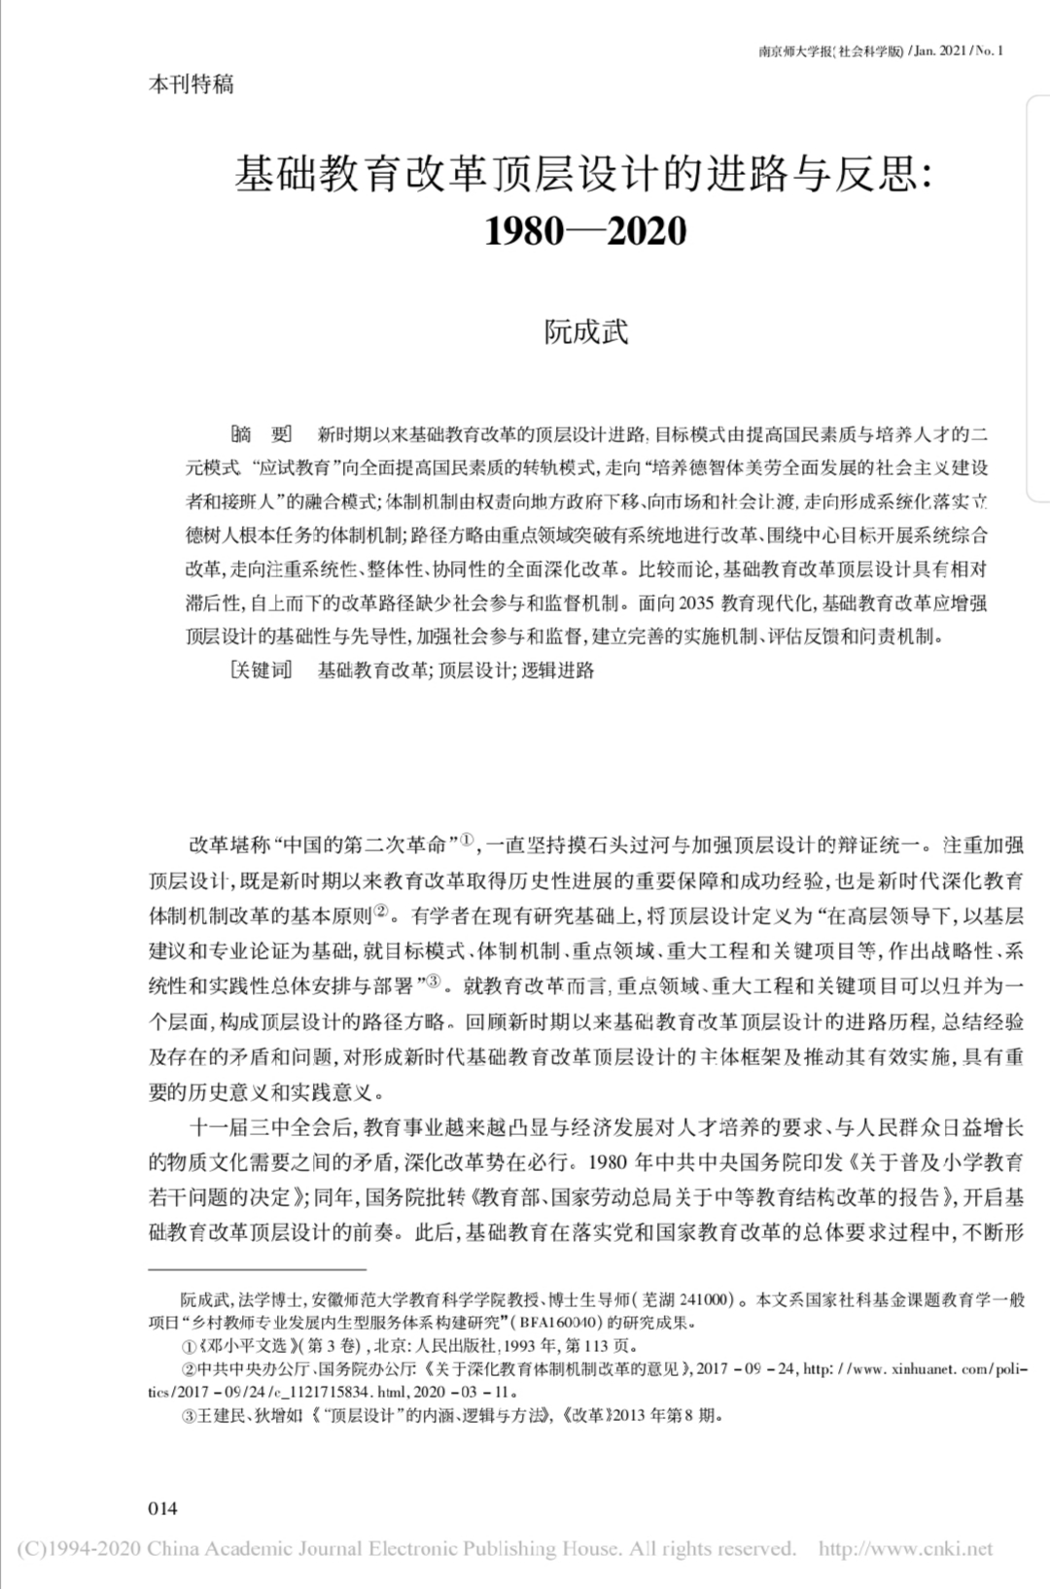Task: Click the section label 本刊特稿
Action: (191, 84)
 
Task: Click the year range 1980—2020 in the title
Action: (585, 230)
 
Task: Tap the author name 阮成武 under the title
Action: (585, 331)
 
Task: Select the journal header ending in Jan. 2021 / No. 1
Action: (880, 51)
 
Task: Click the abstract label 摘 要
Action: (260, 434)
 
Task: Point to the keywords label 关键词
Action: (261, 670)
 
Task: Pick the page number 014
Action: (163, 1508)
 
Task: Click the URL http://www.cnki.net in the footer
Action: (905, 1548)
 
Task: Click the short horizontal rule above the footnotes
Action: (257, 1269)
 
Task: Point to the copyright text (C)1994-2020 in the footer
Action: (73, 1548)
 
